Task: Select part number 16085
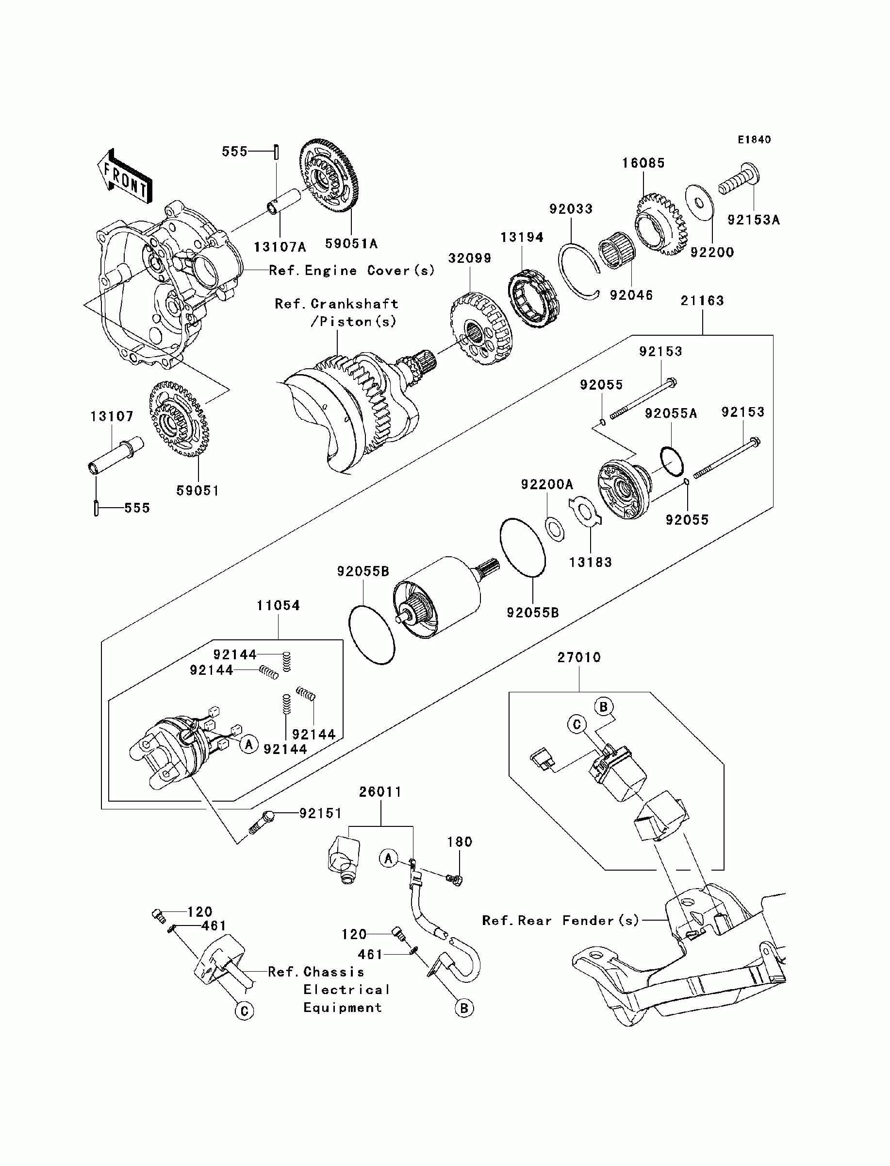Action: (643, 163)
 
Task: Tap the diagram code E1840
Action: (755, 140)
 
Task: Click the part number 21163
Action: (702, 301)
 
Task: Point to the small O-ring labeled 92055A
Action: (672, 460)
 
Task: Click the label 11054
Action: (278, 605)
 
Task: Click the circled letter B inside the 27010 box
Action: (603, 707)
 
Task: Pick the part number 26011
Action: (380, 792)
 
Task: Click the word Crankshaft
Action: (354, 304)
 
